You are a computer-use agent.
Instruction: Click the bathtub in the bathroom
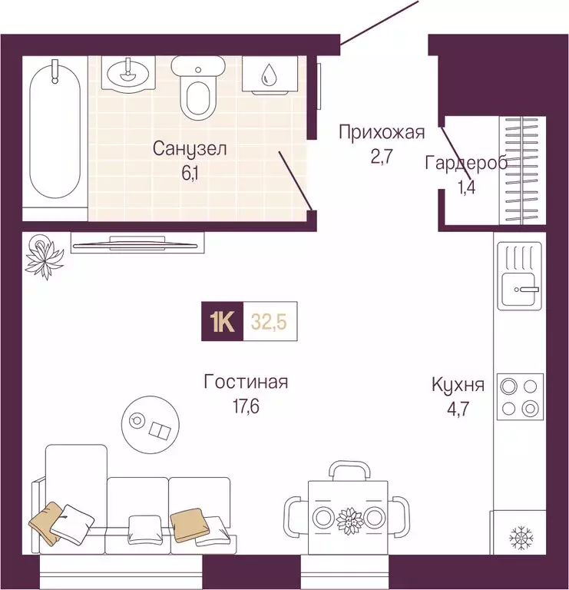(x=54, y=134)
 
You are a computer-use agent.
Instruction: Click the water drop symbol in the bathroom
(x=270, y=75)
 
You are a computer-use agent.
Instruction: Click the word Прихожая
(x=382, y=133)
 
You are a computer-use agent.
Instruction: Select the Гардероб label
(x=465, y=163)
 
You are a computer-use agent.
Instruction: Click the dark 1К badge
(x=223, y=322)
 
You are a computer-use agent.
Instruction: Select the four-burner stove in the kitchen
(x=520, y=396)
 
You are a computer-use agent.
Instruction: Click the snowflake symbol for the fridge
(x=521, y=537)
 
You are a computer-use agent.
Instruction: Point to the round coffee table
(x=149, y=423)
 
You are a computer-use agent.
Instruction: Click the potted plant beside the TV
(x=44, y=255)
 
